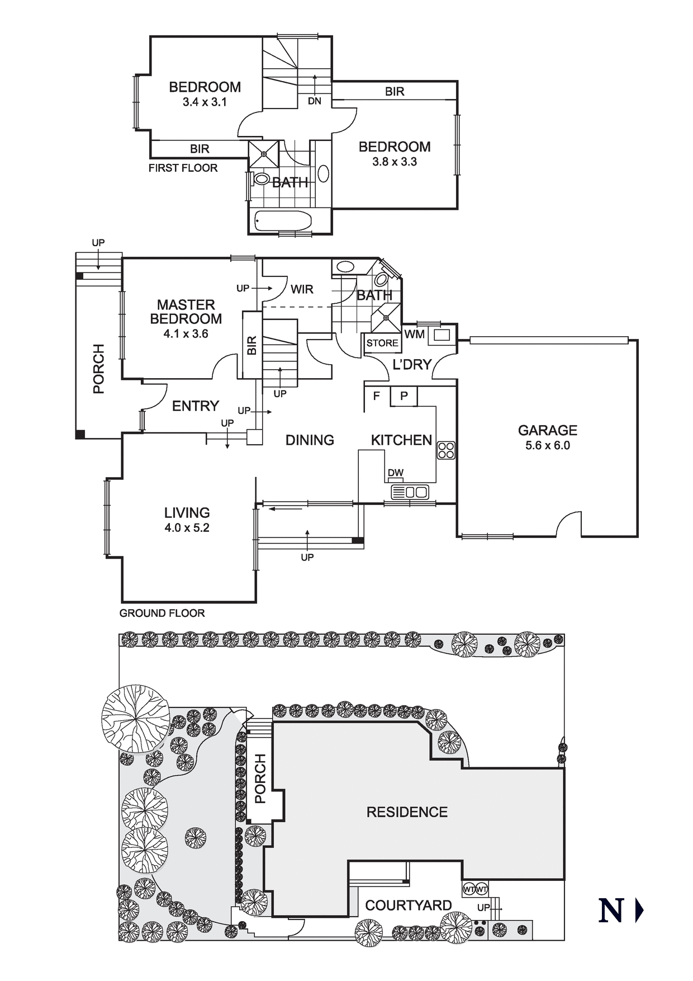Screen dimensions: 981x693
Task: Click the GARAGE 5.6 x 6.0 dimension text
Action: click(x=547, y=446)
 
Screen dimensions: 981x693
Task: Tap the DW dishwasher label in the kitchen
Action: click(x=396, y=473)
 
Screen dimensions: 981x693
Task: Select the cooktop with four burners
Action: click(x=446, y=450)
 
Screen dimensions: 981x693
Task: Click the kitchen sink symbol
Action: click(x=410, y=492)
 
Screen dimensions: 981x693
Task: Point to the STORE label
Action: click(x=382, y=343)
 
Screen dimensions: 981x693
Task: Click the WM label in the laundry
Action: click(x=414, y=334)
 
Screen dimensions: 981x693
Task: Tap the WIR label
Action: click(x=302, y=289)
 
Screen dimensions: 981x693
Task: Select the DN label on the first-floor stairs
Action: click(x=315, y=101)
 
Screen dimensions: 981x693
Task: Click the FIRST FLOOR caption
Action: click(x=183, y=168)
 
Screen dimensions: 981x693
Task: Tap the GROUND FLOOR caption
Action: click(x=162, y=613)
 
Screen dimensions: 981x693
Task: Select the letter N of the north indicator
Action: click(x=611, y=911)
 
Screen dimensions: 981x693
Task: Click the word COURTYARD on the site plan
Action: click(x=408, y=905)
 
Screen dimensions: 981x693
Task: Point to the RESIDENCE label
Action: click(x=407, y=812)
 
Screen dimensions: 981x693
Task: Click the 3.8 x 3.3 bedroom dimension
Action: click(x=395, y=162)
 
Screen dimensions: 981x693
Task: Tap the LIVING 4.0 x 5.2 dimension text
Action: click(x=187, y=528)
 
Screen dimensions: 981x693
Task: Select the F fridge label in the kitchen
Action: click(x=377, y=396)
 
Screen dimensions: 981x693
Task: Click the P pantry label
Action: click(x=404, y=396)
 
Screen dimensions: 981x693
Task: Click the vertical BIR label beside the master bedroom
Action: click(x=252, y=345)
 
